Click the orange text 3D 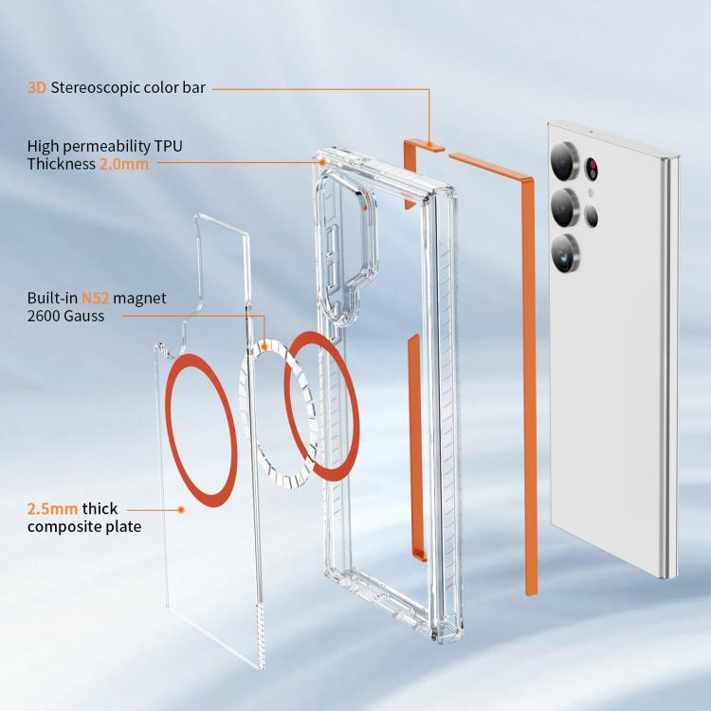37,87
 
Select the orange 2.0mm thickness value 124,164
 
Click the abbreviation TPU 168,146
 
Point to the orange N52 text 95,298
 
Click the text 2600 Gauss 65,316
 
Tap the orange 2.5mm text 52,509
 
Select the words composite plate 84,527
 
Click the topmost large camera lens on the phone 565,161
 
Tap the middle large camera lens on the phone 565,208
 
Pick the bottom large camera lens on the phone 565,254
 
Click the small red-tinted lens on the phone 592,169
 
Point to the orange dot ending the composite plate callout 181,510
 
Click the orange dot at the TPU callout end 322,161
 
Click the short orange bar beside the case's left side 413,449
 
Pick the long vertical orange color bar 530,386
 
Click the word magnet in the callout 139,299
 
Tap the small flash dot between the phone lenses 591,192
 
